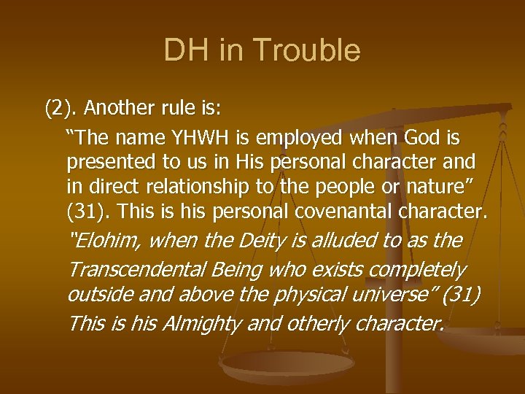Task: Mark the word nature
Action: tap(443, 186)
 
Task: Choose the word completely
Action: tap(416, 269)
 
